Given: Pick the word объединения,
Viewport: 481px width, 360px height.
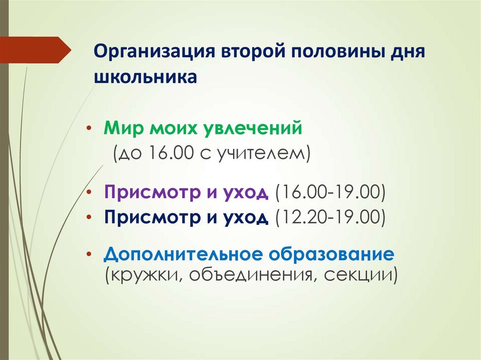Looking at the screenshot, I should coord(248,274).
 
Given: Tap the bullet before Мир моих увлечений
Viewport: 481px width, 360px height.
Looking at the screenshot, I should coord(90,128).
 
